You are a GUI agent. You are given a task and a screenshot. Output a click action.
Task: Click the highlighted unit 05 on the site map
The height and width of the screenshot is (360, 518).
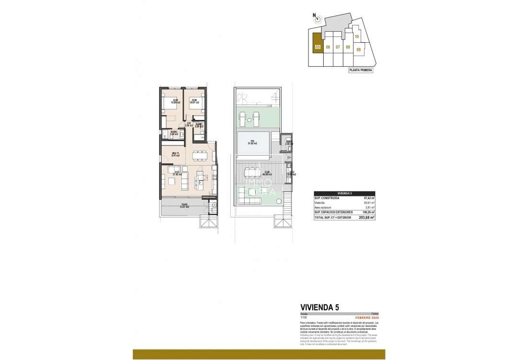pyautogui.click(x=318, y=44)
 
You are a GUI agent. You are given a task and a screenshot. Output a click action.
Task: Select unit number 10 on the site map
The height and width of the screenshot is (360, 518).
pyautogui.click(x=357, y=36)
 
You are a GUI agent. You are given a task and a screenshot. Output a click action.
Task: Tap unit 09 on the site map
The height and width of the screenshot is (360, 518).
pyautogui.click(x=358, y=49)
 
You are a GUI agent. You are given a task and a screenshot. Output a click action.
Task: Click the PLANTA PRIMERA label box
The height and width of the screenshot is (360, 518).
pyautogui.click(x=361, y=70)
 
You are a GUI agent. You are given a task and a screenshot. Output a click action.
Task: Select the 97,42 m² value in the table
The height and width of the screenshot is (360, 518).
pyautogui.click(x=368, y=198)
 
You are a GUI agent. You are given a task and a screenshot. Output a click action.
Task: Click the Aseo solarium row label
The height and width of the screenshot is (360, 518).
pyautogui.click(x=324, y=207)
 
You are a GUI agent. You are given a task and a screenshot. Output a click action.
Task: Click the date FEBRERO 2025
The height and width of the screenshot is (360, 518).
pyautogui.click(x=365, y=317)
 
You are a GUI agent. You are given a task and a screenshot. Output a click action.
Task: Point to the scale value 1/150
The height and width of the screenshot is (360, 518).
pyautogui.click(x=303, y=317)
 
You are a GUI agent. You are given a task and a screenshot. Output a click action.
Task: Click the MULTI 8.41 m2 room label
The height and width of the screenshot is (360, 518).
pyautogui.click(x=177, y=154)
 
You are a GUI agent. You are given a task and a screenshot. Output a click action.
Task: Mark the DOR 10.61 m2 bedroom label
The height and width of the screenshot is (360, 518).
pyautogui.click(x=195, y=101)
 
